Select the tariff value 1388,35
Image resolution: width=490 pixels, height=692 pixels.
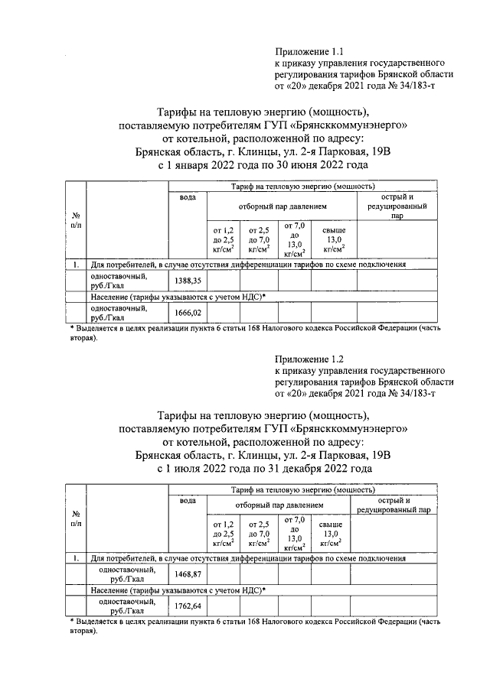(188, 282)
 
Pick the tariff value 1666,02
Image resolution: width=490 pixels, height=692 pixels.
(188, 313)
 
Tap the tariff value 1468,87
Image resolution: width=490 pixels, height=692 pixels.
(188, 574)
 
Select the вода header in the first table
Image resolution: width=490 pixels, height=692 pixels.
(188, 198)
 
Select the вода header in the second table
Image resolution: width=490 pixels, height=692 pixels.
(188, 500)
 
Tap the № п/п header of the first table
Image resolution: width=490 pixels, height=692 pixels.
(75, 221)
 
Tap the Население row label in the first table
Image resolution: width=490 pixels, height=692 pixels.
(178, 296)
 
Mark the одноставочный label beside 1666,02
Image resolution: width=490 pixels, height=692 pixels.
(118, 312)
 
